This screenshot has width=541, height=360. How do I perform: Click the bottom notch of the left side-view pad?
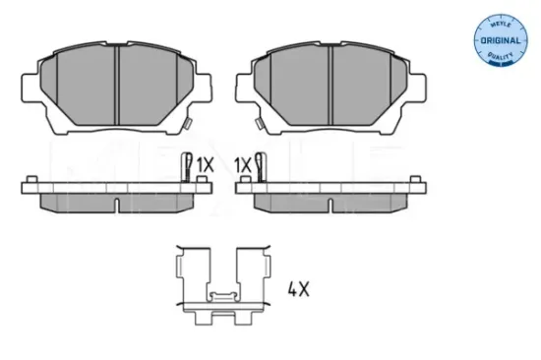pos(117,207)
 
